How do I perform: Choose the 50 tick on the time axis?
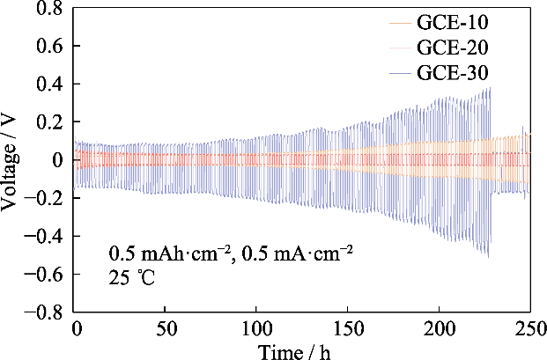click(166, 330)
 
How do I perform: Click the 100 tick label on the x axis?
click(256, 330)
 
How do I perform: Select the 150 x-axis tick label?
click(347, 330)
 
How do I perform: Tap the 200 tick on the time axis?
click(438, 330)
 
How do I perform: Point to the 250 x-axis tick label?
click(528, 330)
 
